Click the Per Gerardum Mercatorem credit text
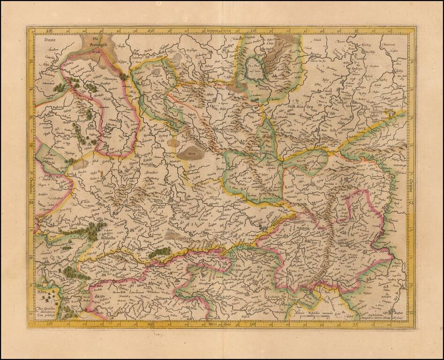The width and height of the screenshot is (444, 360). (52, 311)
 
